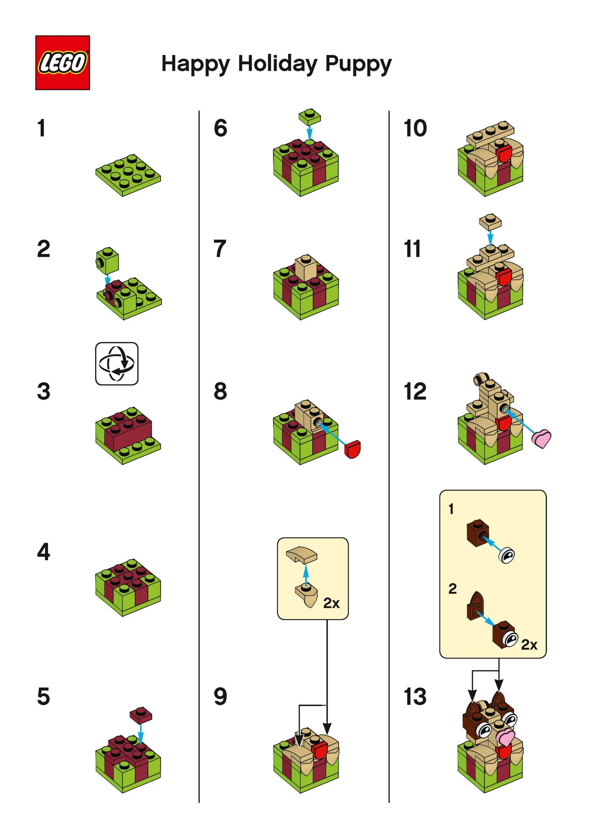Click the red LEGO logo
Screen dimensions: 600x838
coord(62,63)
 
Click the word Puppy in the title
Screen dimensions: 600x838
coord(358,65)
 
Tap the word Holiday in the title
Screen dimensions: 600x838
coord(277,64)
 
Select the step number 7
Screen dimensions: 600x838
coord(219,249)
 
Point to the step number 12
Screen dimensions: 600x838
coord(415,391)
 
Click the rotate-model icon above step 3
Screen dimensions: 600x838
coord(116,363)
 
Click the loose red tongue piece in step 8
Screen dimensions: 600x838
coord(352,449)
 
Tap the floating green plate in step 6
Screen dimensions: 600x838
coord(309,116)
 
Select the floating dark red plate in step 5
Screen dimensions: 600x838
coord(141,714)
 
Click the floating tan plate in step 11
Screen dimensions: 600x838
coord(490,222)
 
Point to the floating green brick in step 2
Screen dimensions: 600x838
coord(107,260)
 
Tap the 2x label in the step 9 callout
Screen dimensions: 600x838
coord(331,603)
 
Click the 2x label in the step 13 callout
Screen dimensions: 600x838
coord(529,645)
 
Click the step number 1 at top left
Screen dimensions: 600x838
coord(41,128)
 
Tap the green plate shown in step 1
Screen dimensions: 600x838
coord(128,175)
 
